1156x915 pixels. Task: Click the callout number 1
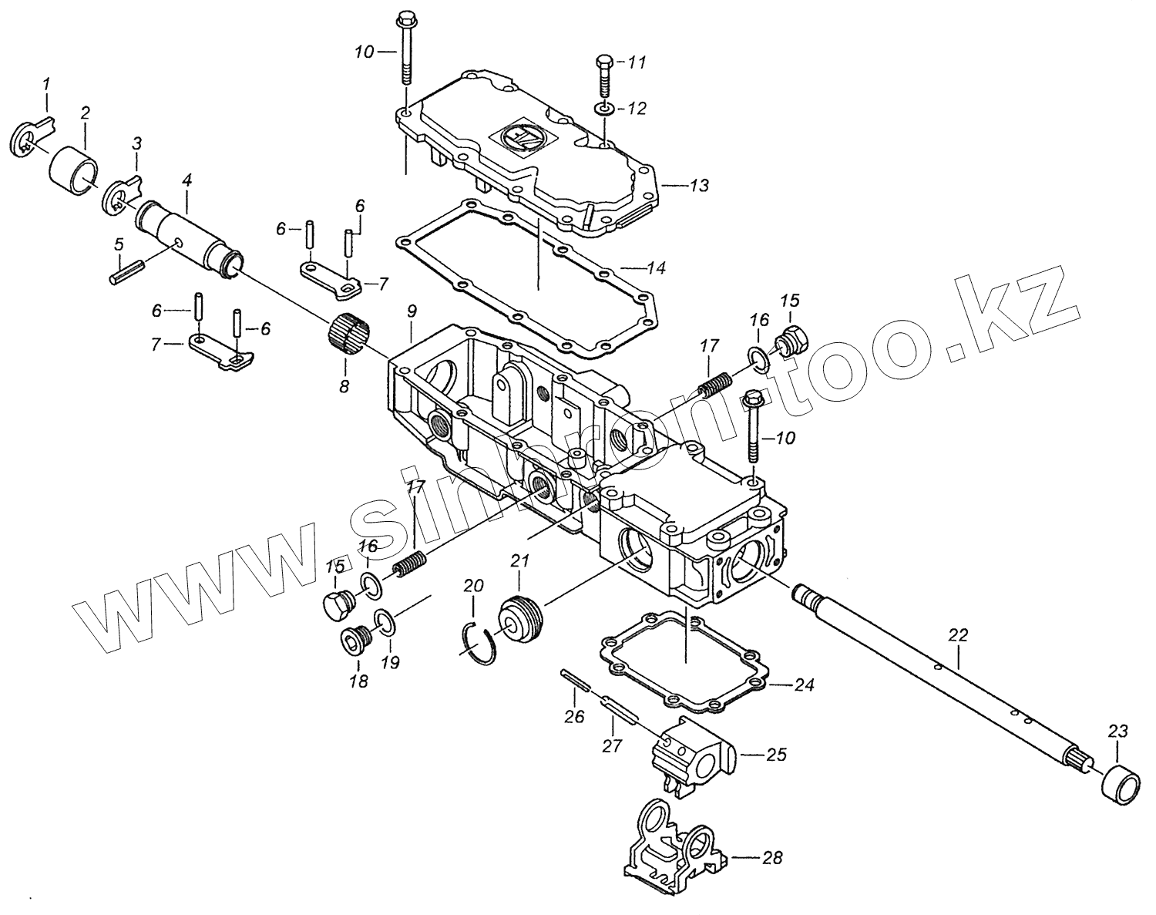click(45, 82)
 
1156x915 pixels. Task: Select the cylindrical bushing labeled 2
click(73, 166)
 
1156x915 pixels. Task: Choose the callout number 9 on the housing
click(412, 311)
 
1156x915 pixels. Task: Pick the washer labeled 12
click(605, 108)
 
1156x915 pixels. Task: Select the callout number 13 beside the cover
click(698, 186)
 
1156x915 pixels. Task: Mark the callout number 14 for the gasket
click(655, 268)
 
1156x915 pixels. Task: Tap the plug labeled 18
click(355, 640)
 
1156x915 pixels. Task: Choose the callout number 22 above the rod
click(958, 636)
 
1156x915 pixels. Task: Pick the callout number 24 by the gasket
click(804, 684)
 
